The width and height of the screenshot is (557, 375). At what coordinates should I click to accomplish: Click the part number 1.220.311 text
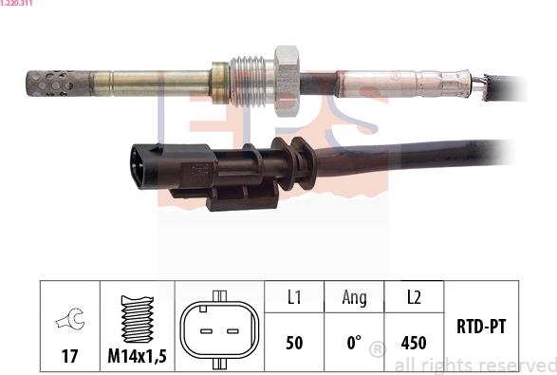click(x=16, y=3)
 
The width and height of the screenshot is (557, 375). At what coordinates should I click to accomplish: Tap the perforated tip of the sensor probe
click(x=58, y=84)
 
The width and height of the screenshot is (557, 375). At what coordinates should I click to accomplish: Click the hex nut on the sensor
click(x=287, y=81)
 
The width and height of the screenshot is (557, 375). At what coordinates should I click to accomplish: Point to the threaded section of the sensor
click(x=248, y=82)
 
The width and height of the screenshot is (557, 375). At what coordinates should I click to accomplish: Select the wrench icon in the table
click(x=70, y=319)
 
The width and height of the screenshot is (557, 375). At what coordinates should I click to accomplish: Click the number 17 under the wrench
click(x=69, y=356)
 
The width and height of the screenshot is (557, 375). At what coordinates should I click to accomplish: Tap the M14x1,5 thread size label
click(x=138, y=356)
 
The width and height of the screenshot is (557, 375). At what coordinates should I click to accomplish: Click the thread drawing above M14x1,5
click(x=138, y=319)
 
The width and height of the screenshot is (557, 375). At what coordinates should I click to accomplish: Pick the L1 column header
click(x=294, y=297)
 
